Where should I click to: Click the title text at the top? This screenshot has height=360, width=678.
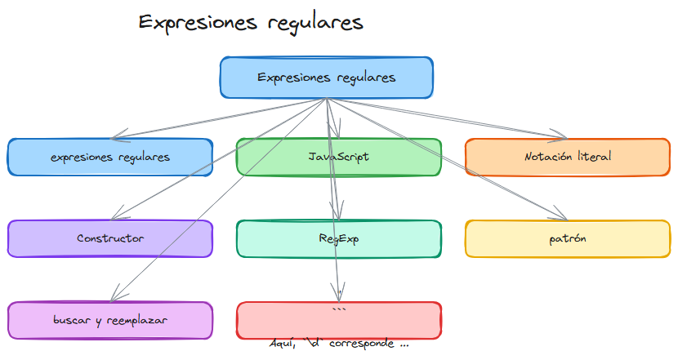tap(251, 22)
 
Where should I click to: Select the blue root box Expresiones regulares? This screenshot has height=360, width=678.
tap(326, 78)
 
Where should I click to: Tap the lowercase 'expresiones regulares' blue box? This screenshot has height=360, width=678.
tap(110, 157)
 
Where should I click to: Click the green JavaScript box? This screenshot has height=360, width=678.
tap(338, 157)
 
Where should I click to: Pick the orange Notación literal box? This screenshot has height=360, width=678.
tap(568, 157)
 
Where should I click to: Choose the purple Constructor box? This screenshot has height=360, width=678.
tap(110, 238)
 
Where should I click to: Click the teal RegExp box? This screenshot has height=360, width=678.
tap(338, 238)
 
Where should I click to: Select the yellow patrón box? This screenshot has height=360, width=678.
tap(568, 238)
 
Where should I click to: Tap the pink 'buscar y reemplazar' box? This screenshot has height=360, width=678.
tap(110, 320)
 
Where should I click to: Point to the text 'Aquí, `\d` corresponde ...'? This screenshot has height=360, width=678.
tap(339, 344)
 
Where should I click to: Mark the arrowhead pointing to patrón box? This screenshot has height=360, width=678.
tap(561, 216)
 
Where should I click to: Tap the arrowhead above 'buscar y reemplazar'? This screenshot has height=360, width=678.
tap(114, 296)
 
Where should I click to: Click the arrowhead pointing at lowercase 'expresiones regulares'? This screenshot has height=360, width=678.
tap(115, 136)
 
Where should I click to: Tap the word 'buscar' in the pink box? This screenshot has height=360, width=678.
tap(71, 320)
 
